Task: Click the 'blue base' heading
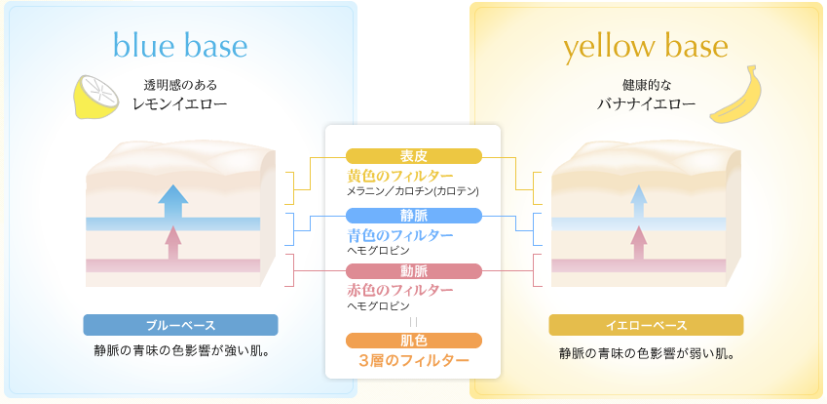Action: pos(180,46)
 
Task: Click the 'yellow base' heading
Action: pos(646,48)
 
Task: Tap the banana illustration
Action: pos(733,95)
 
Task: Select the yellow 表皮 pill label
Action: pos(413,156)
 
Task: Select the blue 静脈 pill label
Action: pos(413,216)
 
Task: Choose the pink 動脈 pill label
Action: pos(413,271)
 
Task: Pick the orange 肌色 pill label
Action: pos(413,341)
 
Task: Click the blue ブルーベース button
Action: pos(180,325)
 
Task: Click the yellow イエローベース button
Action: pos(646,325)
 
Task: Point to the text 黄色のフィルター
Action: pos(399,176)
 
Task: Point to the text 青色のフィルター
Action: pos(399,234)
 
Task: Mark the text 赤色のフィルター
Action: pos(399,290)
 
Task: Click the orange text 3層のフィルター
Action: pos(413,361)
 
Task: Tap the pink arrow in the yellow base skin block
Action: pos(639,242)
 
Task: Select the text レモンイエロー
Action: pos(180,103)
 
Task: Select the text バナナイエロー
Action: pos(646,103)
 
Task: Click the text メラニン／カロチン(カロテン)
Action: pos(413,191)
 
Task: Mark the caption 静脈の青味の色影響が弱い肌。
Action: pos(646,353)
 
